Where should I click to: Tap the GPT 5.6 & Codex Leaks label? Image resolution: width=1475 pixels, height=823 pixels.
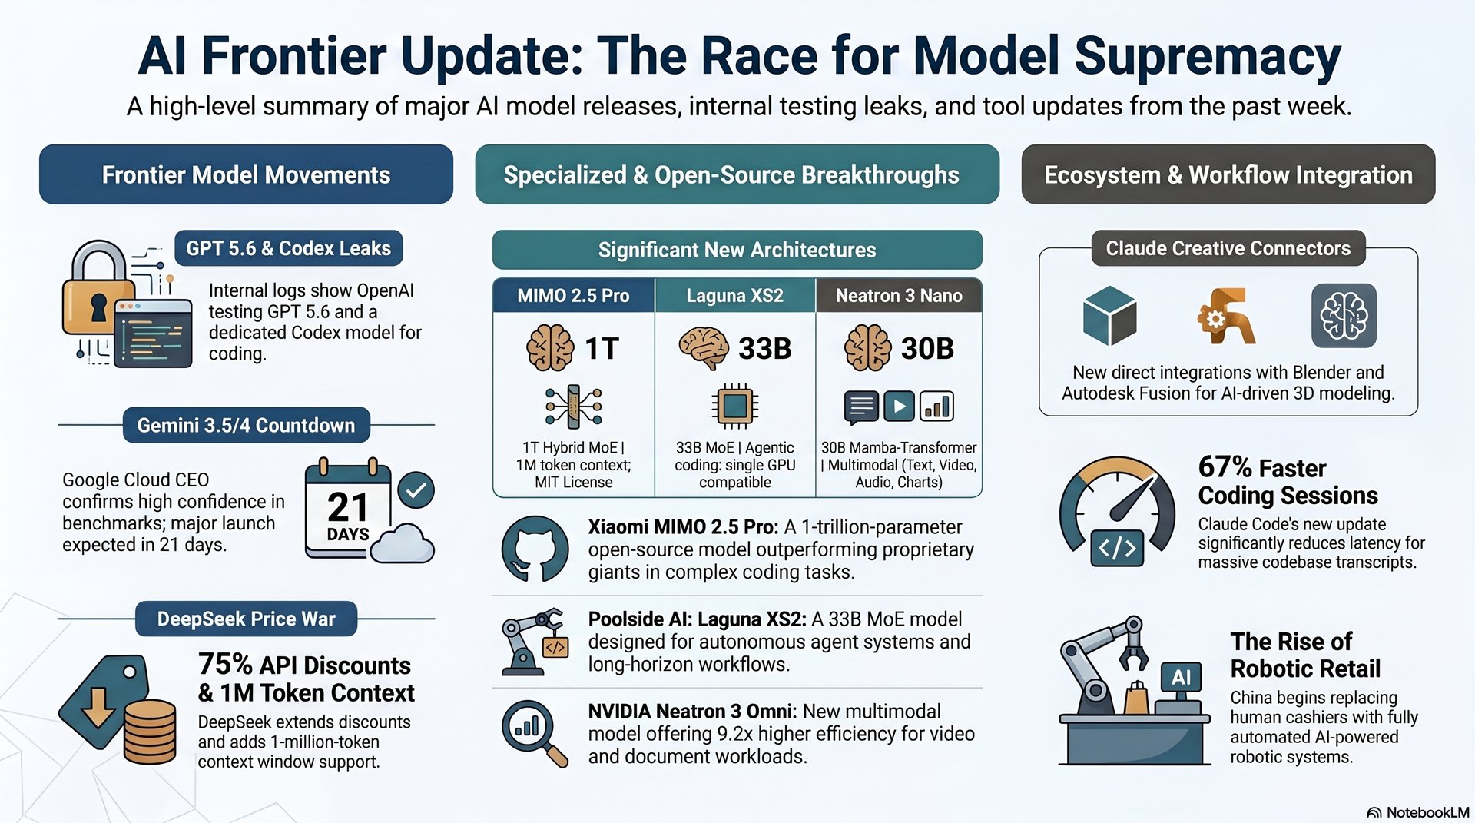click(x=289, y=248)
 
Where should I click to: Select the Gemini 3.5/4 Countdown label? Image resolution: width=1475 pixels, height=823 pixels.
click(x=246, y=425)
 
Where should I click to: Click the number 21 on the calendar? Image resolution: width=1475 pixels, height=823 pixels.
click(x=348, y=506)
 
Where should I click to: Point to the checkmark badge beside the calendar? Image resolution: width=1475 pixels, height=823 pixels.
click(x=416, y=490)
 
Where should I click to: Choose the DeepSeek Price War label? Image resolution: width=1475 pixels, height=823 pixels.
click(x=246, y=619)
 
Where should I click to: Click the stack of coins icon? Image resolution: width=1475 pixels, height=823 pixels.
click(x=150, y=731)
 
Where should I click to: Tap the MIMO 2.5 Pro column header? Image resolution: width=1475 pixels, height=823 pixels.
click(x=573, y=296)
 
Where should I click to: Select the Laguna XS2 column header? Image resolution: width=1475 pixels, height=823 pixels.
click(x=735, y=296)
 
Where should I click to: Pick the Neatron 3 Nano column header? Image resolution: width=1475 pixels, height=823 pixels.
click(x=899, y=296)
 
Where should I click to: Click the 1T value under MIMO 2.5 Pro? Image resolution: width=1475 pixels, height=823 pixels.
click(x=602, y=349)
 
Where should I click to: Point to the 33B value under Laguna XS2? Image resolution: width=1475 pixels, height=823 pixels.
click(x=764, y=349)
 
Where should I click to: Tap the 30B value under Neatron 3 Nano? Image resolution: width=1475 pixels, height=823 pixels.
click(x=927, y=349)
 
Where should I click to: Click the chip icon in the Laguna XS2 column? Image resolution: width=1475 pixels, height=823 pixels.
click(x=735, y=405)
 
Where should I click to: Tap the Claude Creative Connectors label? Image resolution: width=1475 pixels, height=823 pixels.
click(x=1228, y=248)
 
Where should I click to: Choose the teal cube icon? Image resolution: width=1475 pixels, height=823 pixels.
click(x=1109, y=315)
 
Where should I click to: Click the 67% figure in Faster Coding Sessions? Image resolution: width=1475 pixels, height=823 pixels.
click(x=1225, y=467)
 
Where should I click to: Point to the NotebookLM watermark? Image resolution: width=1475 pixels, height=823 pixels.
click(x=1418, y=812)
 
